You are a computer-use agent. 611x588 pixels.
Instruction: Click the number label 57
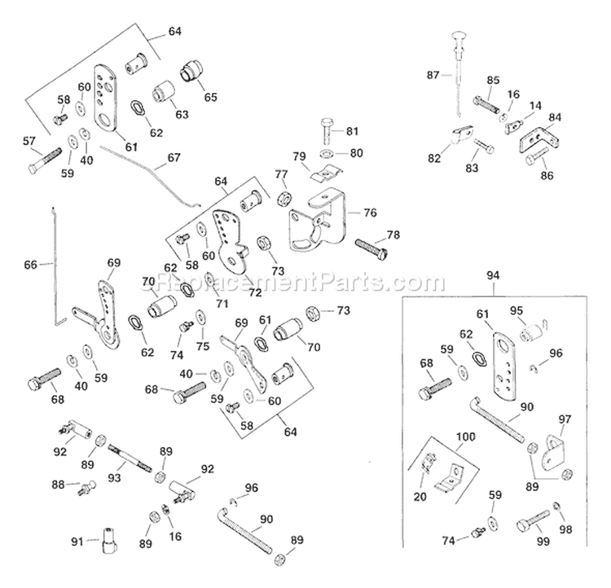point(30,143)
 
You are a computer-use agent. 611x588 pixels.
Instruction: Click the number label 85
point(493,79)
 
